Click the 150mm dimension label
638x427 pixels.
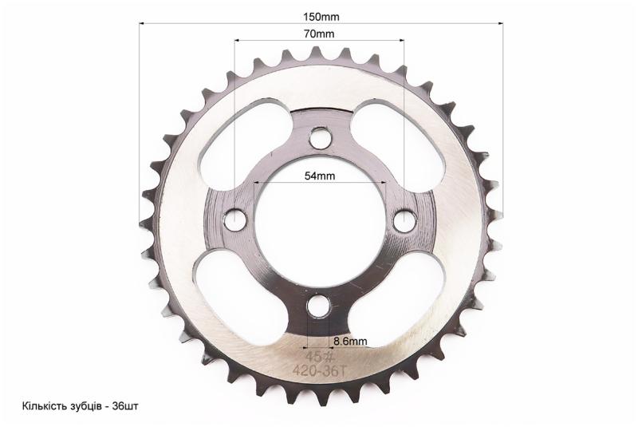point(321,17)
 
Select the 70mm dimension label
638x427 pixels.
point(319,34)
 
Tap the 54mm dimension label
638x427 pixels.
point(320,176)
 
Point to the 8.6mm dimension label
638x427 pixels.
point(350,341)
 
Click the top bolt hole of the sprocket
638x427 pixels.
point(320,138)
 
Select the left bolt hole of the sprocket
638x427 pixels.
point(236,219)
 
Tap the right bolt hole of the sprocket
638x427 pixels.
point(404,220)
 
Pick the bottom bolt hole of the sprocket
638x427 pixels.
point(318,306)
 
